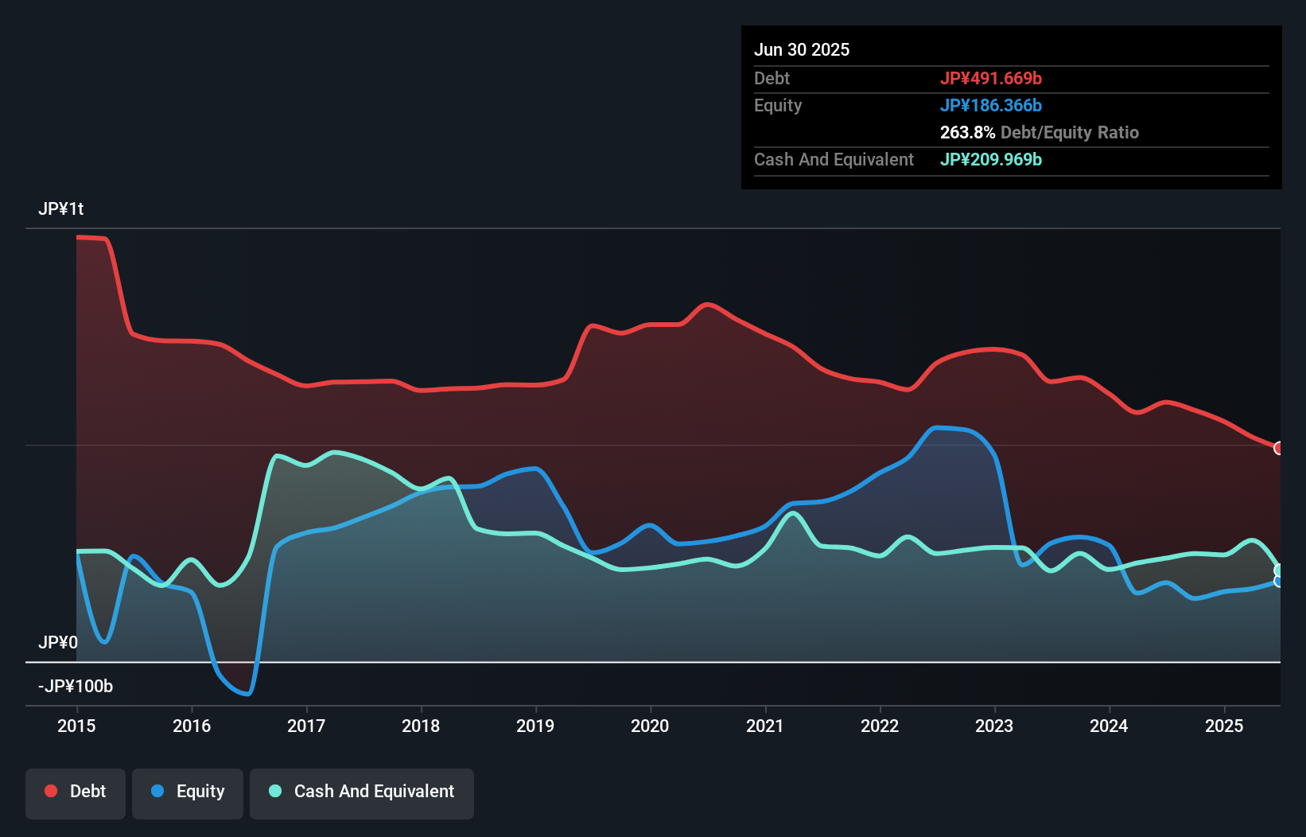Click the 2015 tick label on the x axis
click(x=76, y=726)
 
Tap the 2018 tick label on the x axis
click(x=421, y=726)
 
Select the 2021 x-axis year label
click(x=765, y=726)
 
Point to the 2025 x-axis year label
click(x=1224, y=726)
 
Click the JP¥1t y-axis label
click(x=60, y=208)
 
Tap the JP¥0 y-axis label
click(x=57, y=642)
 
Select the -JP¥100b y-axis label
click(x=76, y=686)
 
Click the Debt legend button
click(x=76, y=792)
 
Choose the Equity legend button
click(x=188, y=792)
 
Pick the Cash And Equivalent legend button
click(x=362, y=792)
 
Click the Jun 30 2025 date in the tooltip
click(x=802, y=49)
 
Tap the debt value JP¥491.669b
click(x=990, y=78)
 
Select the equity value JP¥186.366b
click(x=990, y=105)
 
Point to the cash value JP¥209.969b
click(x=990, y=159)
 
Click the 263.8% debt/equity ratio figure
click(x=967, y=132)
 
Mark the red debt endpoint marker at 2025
click(x=1279, y=448)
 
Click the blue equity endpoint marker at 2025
click(x=1279, y=582)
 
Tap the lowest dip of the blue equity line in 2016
click(x=247, y=694)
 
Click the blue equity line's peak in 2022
click(x=939, y=428)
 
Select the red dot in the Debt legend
click(x=51, y=791)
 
